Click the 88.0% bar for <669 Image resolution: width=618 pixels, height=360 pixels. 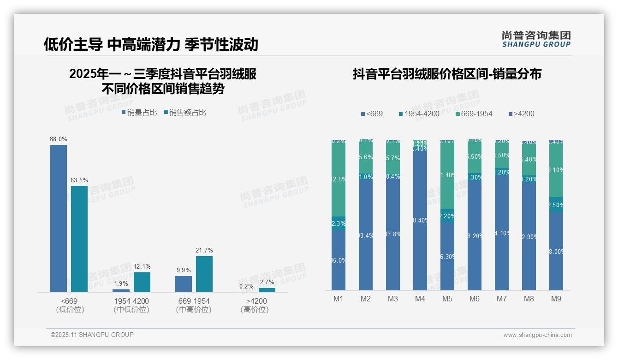[59, 218]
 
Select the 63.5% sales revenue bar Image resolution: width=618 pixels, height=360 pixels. [79, 239]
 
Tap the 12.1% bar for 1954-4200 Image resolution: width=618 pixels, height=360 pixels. [142, 282]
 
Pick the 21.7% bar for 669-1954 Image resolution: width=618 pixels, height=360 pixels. [204, 274]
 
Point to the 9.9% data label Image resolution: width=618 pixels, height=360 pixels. [183, 270]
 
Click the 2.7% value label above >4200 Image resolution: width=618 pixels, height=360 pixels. [267, 282]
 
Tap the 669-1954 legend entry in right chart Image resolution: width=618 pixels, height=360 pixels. [474, 114]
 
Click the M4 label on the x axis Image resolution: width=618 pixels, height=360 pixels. [420, 299]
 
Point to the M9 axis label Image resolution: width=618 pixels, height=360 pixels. [556, 299]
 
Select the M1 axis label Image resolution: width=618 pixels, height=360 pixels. [339, 299]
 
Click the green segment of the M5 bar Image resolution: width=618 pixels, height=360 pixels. [447, 175]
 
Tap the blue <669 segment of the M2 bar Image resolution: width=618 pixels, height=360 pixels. [366, 235]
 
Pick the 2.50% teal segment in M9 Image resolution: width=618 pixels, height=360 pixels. [556, 204]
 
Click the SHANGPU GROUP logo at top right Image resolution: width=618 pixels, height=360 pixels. [536, 39]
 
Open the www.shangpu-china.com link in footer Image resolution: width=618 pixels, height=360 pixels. [537, 335]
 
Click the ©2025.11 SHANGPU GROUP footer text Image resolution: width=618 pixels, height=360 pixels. [92, 335]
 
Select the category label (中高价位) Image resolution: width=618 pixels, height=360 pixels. [194, 310]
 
